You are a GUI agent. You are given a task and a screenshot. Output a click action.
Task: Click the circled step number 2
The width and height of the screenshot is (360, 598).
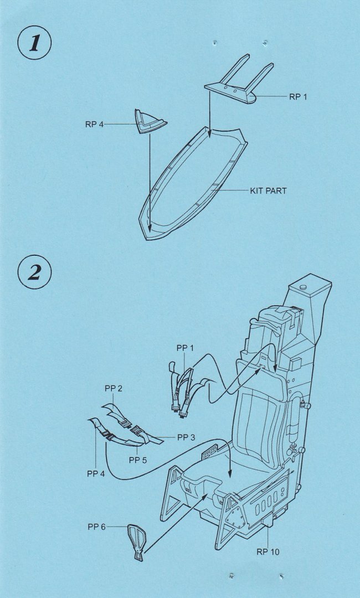(x=34, y=273)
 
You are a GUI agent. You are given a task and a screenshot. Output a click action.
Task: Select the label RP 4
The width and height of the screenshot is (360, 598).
(x=94, y=124)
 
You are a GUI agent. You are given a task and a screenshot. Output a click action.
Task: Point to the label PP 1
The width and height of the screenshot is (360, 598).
(x=186, y=347)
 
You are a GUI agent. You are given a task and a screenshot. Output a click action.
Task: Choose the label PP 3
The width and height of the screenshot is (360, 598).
(x=186, y=437)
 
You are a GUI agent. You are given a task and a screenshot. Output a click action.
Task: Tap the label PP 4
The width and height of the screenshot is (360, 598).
(x=96, y=473)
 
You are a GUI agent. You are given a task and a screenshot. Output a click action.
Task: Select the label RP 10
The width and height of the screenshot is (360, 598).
(x=268, y=552)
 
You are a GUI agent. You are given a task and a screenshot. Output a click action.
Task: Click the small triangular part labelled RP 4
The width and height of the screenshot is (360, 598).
(x=150, y=121)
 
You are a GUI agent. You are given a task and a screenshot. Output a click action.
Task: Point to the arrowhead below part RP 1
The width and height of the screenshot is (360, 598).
(x=209, y=133)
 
